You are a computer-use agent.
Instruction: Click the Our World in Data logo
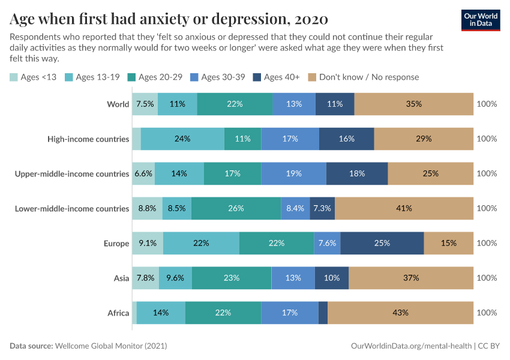click(x=481, y=20)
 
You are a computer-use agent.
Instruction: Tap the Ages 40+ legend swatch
click(x=257, y=77)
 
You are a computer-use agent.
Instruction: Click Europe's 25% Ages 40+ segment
click(x=382, y=243)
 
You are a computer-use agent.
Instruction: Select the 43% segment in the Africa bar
click(x=400, y=313)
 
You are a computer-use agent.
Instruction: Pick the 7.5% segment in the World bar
click(x=145, y=104)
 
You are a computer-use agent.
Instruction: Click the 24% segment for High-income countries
click(x=182, y=139)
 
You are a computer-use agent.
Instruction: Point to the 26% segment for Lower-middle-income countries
click(x=236, y=208)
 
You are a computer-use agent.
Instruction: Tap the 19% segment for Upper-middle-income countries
click(x=293, y=173)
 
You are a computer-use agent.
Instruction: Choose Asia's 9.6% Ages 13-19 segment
click(x=175, y=278)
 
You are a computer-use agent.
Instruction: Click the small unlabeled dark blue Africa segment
click(x=323, y=313)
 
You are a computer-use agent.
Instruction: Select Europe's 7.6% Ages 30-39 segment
click(x=327, y=243)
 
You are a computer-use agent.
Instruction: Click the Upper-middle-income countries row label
click(x=72, y=173)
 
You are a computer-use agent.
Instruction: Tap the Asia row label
click(x=121, y=278)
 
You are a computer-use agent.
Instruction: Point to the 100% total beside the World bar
click(x=487, y=104)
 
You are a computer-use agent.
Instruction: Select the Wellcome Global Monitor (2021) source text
click(x=111, y=346)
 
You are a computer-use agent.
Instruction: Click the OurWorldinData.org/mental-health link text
click(x=411, y=346)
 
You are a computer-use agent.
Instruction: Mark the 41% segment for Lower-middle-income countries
click(x=404, y=208)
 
